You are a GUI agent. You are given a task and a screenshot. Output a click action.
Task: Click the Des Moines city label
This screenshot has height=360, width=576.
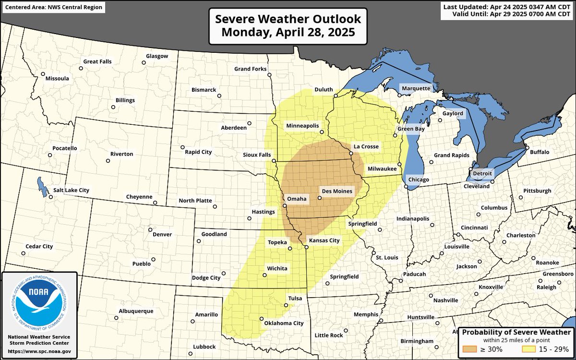(338, 191)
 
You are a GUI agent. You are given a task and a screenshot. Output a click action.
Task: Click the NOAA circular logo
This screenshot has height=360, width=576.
(39, 305)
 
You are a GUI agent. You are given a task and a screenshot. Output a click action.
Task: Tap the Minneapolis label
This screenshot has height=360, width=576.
(302, 126)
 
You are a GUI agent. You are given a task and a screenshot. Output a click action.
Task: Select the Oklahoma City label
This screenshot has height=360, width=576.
(284, 323)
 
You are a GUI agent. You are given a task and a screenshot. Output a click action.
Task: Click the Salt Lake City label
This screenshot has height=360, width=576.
(72, 190)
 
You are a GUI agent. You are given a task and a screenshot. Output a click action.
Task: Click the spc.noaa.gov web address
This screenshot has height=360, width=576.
(39, 351)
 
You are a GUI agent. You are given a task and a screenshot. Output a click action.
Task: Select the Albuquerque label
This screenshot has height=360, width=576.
(137, 311)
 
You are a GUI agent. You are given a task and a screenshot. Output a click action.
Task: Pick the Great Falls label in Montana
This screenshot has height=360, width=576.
(97, 62)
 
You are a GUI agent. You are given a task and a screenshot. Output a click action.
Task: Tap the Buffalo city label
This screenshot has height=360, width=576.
(540, 152)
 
